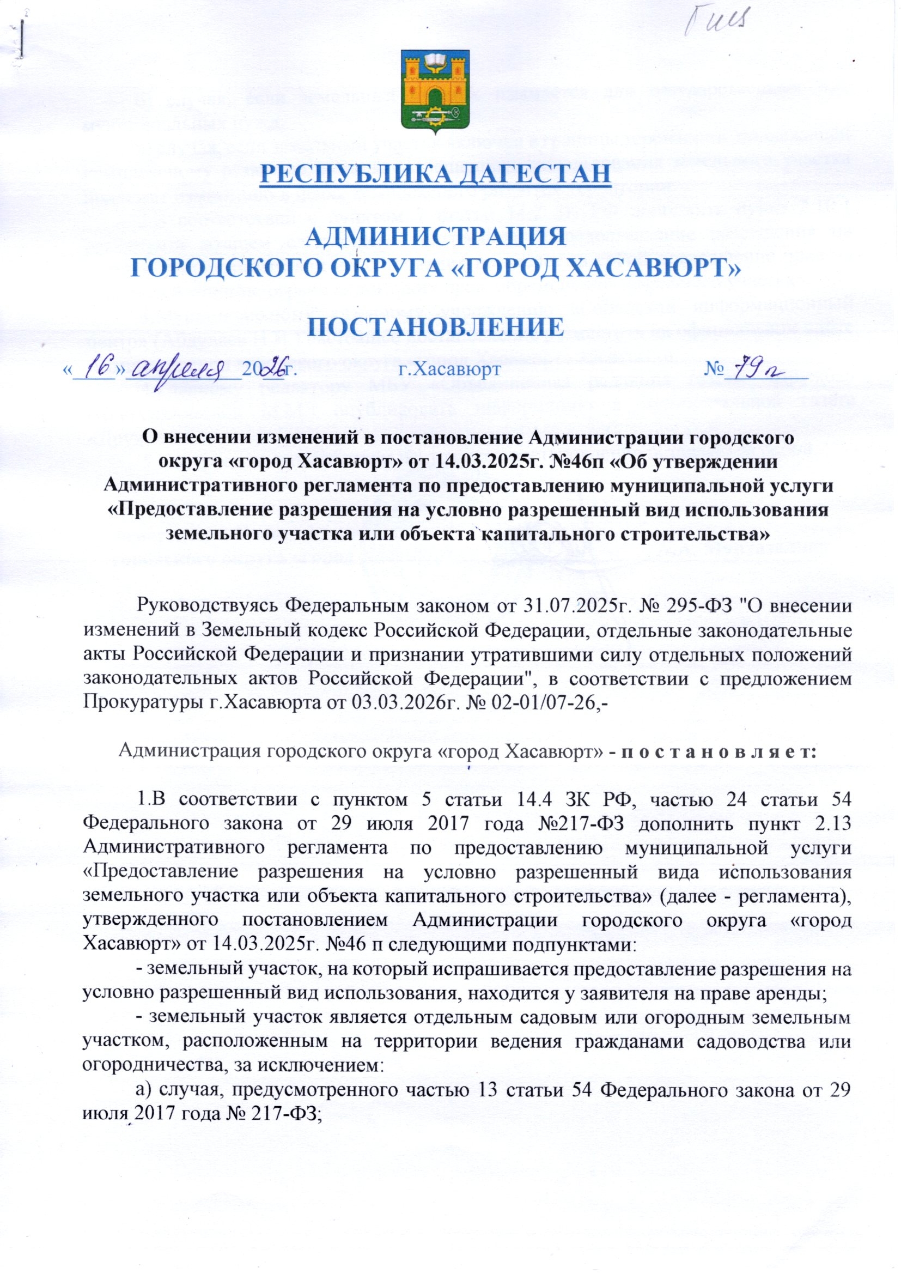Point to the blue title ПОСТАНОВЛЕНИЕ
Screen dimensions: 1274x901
click(x=436, y=327)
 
